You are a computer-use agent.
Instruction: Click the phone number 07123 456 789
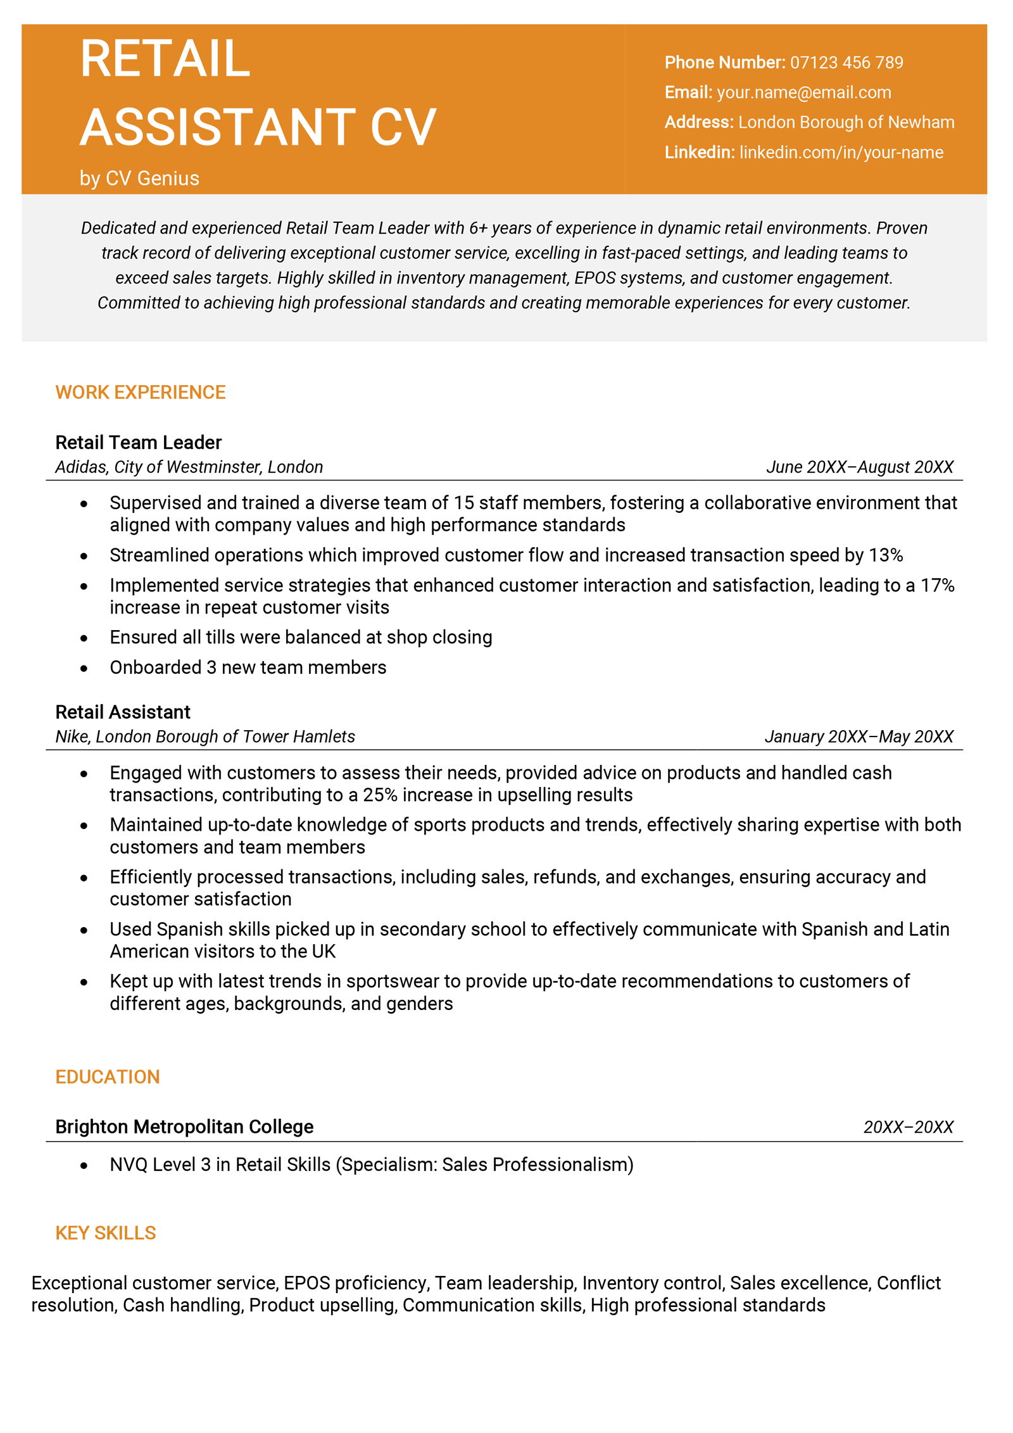point(846,62)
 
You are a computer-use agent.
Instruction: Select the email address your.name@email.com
point(803,92)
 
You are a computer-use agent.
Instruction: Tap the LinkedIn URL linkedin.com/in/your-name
point(841,152)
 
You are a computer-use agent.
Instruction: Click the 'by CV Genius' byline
point(139,178)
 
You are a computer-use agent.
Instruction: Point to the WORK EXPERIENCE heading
point(140,392)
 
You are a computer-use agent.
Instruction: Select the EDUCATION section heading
point(107,1076)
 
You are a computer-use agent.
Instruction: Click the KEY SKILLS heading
point(105,1232)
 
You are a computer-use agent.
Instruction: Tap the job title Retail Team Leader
point(138,442)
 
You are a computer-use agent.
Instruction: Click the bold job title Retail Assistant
point(122,712)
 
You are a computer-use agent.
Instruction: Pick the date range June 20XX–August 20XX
point(859,467)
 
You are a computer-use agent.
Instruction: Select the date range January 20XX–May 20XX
point(859,736)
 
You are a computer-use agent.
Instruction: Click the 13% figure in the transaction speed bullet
point(885,555)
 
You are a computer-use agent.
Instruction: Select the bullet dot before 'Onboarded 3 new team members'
point(84,668)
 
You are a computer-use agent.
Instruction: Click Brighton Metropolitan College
point(184,1127)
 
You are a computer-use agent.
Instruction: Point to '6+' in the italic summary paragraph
point(478,228)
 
